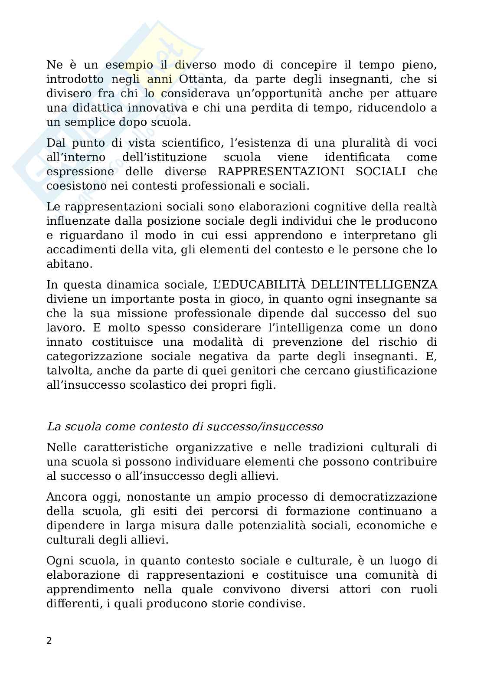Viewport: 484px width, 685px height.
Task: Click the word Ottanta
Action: click(x=208, y=79)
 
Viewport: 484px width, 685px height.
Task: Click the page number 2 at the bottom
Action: click(x=49, y=641)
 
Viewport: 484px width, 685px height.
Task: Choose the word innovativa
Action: click(x=159, y=108)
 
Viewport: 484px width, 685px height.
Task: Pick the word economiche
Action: click(x=389, y=525)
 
